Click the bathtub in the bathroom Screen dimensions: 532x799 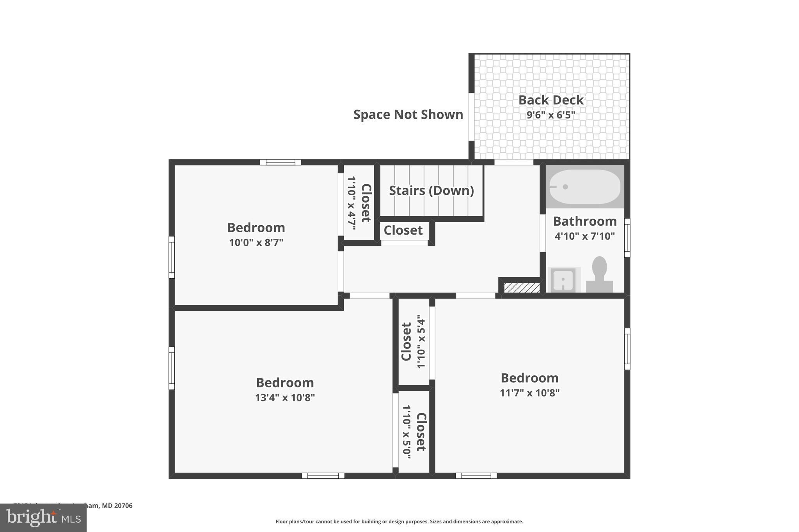(x=584, y=187)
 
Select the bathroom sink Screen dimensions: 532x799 (x=563, y=279)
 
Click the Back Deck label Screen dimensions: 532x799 (x=550, y=100)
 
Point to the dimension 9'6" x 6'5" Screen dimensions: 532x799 (x=550, y=115)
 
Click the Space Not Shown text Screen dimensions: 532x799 (x=408, y=115)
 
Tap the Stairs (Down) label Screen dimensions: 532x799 (x=431, y=191)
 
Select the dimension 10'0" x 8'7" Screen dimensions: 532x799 (x=256, y=242)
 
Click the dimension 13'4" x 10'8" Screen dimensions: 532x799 (x=285, y=398)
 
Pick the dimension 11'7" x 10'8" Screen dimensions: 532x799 (x=529, y=393)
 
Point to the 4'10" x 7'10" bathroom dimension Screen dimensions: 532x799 (x=584, y=236)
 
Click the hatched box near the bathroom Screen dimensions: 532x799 (x=522, y=288)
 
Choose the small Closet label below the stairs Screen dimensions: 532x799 (x=403, y=230)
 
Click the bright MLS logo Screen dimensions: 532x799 (x=43, y=518)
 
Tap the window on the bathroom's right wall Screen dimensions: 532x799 (x=627, y=238)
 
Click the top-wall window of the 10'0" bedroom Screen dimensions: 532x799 (x=281, y=162)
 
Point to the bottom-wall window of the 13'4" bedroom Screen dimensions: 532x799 (x=323, y=475)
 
